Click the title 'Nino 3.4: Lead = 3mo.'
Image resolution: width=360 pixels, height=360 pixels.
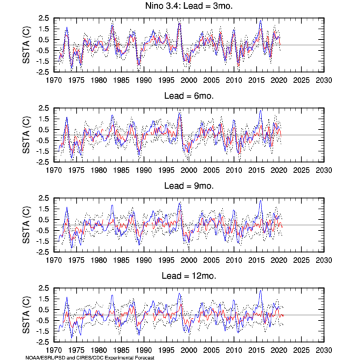[x=189, y=6]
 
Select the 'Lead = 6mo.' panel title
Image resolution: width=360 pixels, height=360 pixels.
[x=189, y=96]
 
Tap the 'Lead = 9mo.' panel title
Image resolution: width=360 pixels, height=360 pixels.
[x=189, y=186]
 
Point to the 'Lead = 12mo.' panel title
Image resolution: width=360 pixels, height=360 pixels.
[x=189, y=276]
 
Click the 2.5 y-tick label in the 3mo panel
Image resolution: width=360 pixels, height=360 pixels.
[x=43, y=18]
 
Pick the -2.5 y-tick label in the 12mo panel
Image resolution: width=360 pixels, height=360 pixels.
[x=43, y=342]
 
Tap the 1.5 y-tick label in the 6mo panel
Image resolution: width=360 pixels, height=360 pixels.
[x=43, y=119]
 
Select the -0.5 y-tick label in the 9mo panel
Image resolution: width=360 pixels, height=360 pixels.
[x=43, y=231]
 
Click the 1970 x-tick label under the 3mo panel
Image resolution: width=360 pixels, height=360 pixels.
[x=54, y=81]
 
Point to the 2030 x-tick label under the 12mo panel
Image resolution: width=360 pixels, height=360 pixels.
[x=324, y=351]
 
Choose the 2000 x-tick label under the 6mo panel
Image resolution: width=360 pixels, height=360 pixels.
[x=189, y=171]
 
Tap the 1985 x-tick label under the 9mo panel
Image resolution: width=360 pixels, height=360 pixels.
[x=121, y=261]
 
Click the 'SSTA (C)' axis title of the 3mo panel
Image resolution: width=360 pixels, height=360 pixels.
[x=26, y=45]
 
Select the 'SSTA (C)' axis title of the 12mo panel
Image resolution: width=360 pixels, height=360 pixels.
[x=26, y=315]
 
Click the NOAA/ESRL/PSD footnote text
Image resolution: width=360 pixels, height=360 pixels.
[x=90, y=358]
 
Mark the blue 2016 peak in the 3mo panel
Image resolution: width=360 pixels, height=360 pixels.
[x=261, y=21]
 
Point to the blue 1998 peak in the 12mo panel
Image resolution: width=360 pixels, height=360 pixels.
[x=179, y=293]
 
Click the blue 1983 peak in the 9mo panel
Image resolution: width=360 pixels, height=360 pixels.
[x=112, y=205]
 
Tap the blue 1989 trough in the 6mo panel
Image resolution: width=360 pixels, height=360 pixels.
[x=139, y=155]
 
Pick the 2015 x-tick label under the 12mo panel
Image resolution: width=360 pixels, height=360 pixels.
[x=256, y=351]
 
